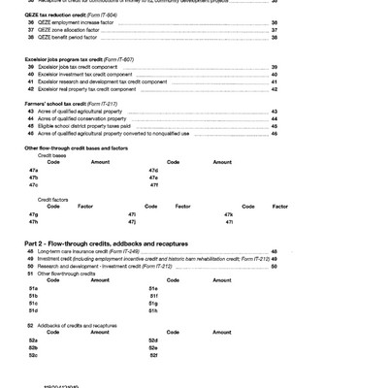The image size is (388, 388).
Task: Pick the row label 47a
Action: [34, 170]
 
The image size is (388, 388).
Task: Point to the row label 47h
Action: [34, 221]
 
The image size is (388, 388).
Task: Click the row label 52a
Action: [34, 339]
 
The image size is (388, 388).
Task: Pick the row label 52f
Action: [153, 355]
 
